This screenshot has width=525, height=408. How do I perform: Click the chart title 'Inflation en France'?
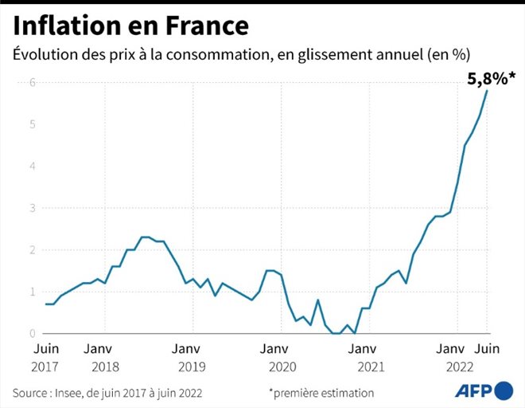pos(130,25)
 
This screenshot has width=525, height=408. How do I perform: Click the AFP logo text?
pos(473,390)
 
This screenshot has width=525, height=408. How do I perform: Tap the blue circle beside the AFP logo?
pos(504,390)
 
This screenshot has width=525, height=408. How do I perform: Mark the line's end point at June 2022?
pos(487,91)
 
